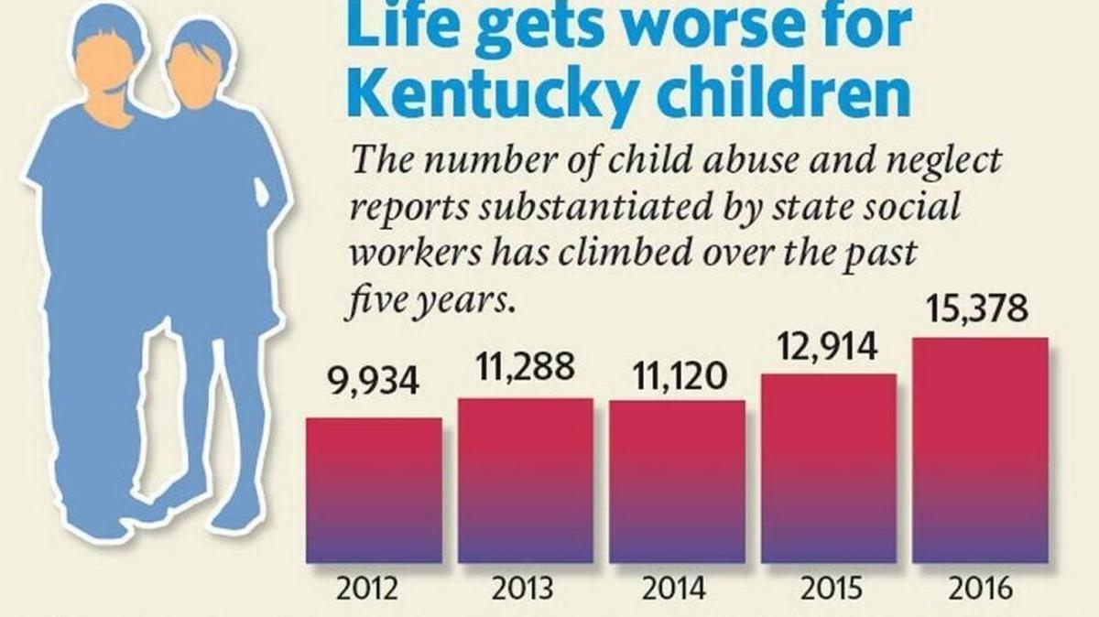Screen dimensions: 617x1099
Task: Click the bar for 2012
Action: tap(374, 490)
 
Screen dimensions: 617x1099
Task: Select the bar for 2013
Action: tap(526, 481)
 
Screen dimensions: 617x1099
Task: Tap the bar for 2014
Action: tap(678, 482)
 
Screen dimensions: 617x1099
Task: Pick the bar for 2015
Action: tap(829, 468)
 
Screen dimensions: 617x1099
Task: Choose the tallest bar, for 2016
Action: tap(981, 449)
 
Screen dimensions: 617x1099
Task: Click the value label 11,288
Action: tap(526, 366)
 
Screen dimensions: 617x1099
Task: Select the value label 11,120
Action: tap(678, 374)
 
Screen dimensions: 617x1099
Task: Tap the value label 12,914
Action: tap(829, 346)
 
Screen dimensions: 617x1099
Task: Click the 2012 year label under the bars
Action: tap(374, 589)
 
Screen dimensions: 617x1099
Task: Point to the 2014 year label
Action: tap(678, 589)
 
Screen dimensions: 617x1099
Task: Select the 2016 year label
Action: tap(981, 589)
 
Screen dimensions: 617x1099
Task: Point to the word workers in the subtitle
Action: tap(407, 253)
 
